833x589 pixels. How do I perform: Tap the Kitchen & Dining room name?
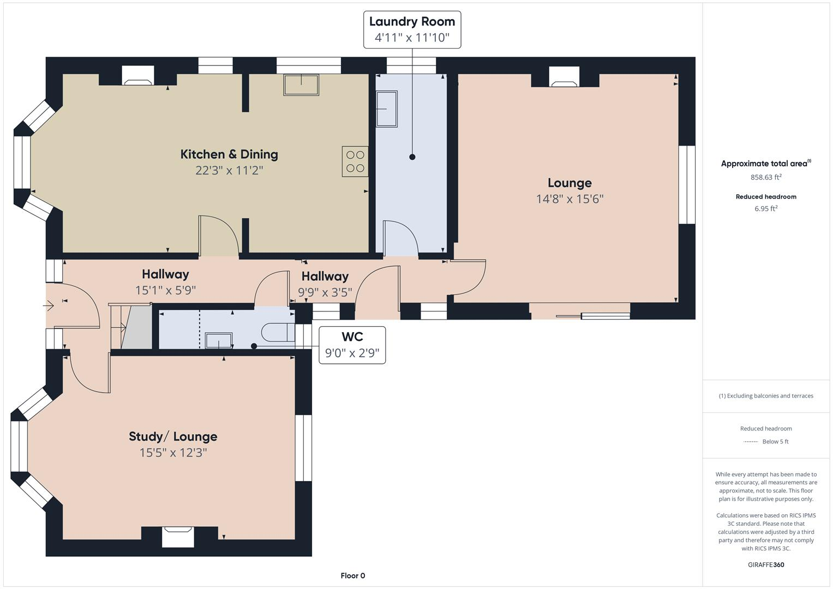point(229,154)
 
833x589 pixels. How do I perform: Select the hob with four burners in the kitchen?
point(355,161)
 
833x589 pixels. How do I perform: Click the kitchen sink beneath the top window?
point(301,85)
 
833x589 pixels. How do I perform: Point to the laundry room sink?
point(387,109)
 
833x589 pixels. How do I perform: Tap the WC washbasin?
point(219,341)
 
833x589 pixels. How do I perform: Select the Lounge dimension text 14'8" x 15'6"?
point(570,199)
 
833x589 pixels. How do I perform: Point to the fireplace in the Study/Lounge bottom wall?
point(178,536)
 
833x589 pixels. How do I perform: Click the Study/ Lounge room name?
point(173,436)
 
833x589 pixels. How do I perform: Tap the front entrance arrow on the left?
point(49,306)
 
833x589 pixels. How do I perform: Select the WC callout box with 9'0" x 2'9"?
point(352,345)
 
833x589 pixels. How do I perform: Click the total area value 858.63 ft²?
point(766,177)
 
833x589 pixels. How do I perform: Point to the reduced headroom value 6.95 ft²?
point(766,209)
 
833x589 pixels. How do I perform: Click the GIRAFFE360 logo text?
point(766,564)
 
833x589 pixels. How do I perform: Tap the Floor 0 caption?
point(352,575)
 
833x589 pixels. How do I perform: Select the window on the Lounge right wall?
point(687,184)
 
